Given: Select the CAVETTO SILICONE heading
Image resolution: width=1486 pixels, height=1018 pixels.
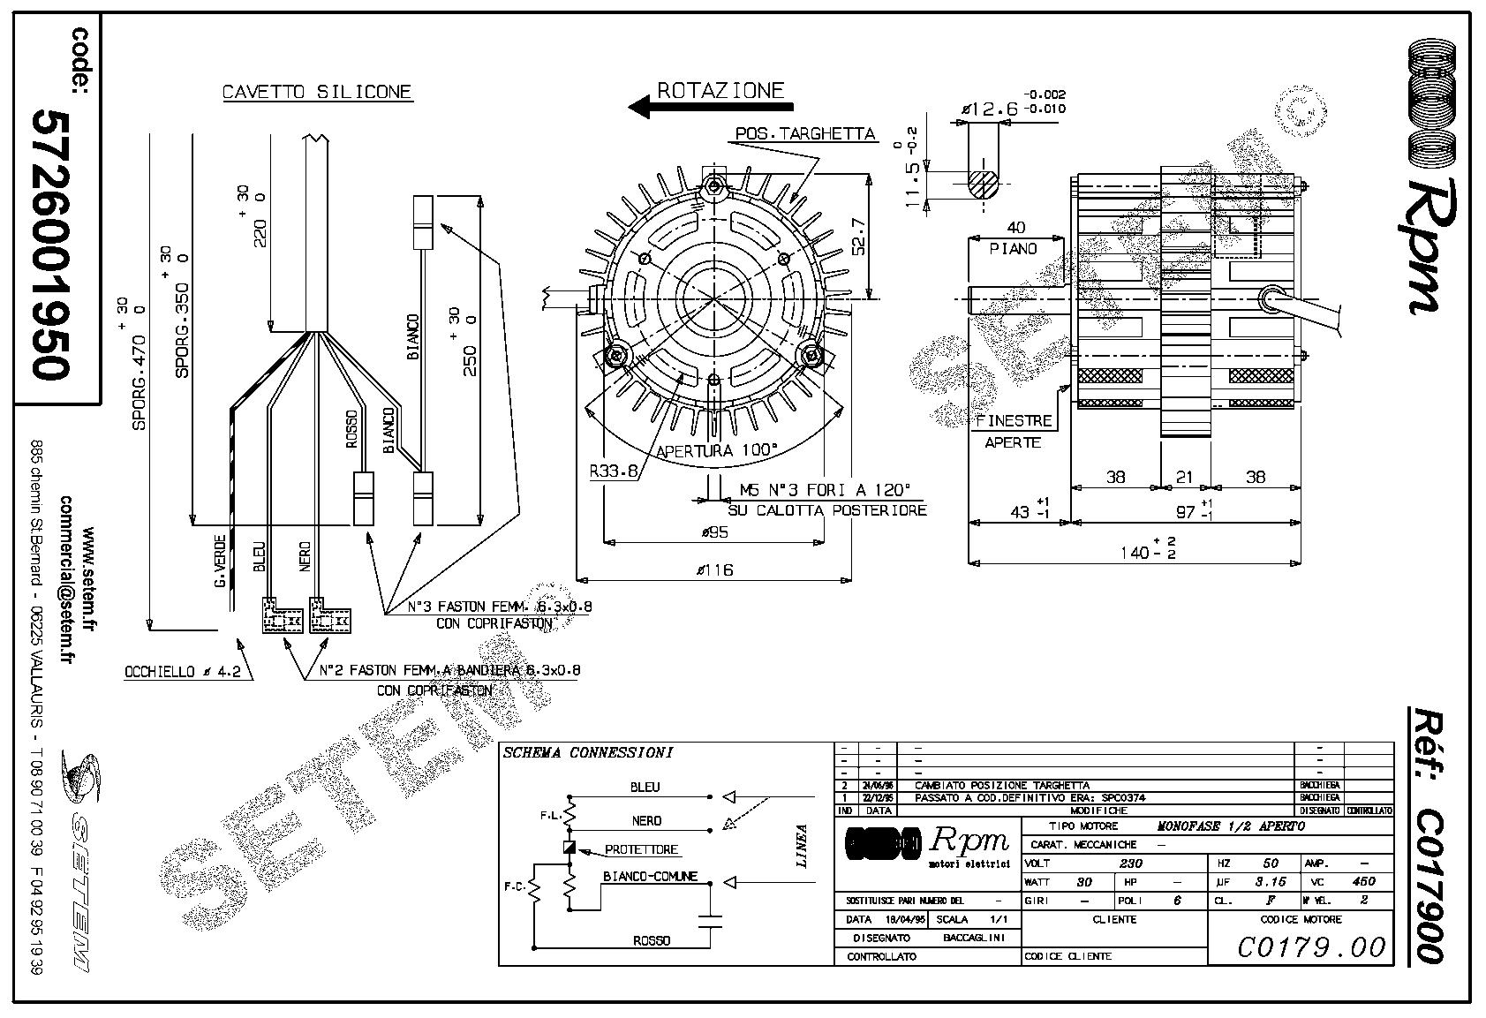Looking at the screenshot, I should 317,92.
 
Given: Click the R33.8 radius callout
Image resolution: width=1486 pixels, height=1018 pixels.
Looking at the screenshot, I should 613,471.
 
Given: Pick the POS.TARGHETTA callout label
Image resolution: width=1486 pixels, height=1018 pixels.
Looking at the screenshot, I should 805,134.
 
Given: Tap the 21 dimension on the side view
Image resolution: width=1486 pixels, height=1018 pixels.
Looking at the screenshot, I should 1184,477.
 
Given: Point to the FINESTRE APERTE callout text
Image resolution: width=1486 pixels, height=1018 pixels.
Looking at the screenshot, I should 1013,431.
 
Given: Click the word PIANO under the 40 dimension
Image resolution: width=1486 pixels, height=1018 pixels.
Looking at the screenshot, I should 1013,249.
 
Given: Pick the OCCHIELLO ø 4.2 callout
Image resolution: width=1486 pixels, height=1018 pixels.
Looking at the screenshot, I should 181,672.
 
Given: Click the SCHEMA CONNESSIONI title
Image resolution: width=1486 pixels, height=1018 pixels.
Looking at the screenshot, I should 587,753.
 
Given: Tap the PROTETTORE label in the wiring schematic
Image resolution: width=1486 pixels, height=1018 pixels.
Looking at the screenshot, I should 641,849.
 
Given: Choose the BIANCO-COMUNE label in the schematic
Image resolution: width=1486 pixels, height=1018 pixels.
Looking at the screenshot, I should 650,877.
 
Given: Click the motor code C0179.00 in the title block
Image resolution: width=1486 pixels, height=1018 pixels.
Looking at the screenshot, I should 1311,947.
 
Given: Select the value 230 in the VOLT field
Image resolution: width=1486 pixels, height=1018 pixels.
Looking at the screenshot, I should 1130,863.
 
